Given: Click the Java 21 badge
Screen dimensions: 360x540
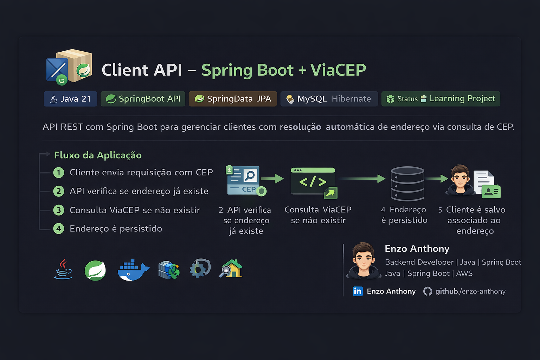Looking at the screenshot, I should click(70, 99).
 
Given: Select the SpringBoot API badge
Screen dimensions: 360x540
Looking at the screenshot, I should click(143, 99).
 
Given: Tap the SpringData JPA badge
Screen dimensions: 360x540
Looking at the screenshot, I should click(233, 99).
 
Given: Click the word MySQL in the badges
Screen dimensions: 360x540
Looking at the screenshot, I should click(312, 99).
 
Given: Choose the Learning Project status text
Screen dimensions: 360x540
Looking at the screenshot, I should click(462, 98).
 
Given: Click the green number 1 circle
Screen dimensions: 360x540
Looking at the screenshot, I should click(59, 173).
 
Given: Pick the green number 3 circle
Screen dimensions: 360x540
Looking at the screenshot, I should click(59, 210).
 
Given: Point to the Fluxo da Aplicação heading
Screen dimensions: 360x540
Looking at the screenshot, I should click(98, 155).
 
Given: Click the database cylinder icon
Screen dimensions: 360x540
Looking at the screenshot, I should click(407, 184).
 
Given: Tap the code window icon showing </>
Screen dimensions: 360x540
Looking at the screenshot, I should click(313, 181).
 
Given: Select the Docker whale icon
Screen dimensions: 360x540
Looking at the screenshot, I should click(133, 270).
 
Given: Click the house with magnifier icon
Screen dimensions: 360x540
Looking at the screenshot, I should click(231, 269).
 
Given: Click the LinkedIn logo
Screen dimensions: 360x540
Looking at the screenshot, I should click(358, 291).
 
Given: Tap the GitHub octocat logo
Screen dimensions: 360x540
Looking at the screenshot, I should click(427, 291).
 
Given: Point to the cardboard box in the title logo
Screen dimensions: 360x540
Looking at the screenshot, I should click(75, 65).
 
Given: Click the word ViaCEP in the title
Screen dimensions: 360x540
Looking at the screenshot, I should click(338, 70).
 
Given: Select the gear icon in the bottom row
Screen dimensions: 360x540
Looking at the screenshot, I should click(200, 269).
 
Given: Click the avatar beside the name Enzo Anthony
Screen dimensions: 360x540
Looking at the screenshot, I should click(364, 261).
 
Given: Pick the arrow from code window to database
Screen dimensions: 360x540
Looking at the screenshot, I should click(362, 179).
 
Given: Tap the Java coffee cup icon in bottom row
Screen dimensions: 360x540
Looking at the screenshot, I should click(63, 269).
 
